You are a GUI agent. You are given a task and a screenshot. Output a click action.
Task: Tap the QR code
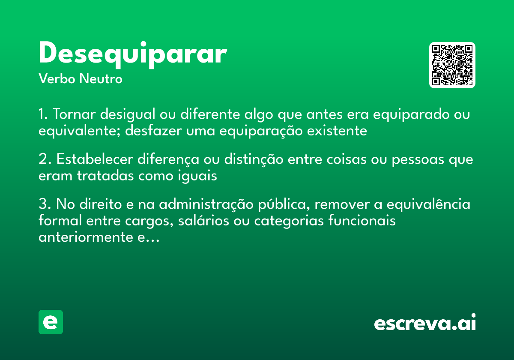[x=452, y=65]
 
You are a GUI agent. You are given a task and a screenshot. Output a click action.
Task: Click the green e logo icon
[x=51, y=322]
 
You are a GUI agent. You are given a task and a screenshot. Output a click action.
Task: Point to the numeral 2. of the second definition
[x=45, y=159]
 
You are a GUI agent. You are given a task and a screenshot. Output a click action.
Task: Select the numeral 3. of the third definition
[x=45, y=204]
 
